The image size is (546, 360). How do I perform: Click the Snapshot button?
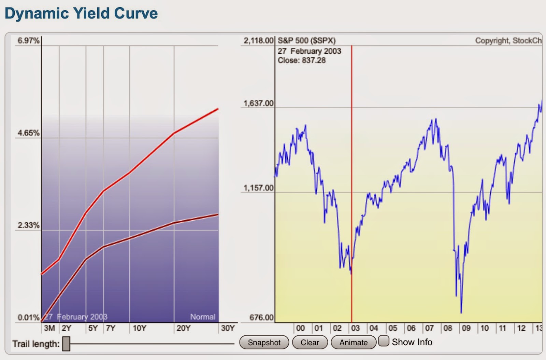pyautogui.click(x=264, y=342)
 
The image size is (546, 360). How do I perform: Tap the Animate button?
pyautogui.click(x=353, y=342)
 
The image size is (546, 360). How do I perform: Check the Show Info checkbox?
pyautogui.click(x=384, y=341)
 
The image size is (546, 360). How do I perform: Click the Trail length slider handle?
pyautogui.click(x=66, y=343)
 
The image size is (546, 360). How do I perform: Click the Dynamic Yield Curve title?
pyautogui.click(x=81, y=13)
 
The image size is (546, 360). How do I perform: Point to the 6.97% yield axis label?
pyautogui.click(x=29, y=41)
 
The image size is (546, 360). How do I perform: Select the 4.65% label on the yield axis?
pyautogui.click(x=29, y=133)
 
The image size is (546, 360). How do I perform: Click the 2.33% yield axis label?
pyautogui.click(x=29, y=225)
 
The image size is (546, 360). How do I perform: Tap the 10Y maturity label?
pyautogui.click(x=139, y=328)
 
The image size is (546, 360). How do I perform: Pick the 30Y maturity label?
pyautogui.click(x=228, y=328)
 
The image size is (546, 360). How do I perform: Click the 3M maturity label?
pyautogui.click(x=49, y=328)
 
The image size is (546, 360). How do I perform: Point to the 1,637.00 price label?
pyautogui.click(x=258, y=103)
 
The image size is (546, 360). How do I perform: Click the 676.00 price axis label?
pyautogui.click(x=261, y=317)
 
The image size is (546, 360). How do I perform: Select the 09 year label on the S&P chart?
pyautogui.click(x=466, y=328)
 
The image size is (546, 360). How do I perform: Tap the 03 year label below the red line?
pyautogui.click(x=355, y=328)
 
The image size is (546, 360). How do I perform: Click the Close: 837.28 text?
pyautogui.click(x=301, y=60)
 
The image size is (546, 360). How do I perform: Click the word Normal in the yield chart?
pyautogui.click(x=203, y=317)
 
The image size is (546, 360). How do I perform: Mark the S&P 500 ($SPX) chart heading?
pyautogui.click(x=306, y=41)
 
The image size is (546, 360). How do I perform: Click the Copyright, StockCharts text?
pyautogui.click(x=508, y=41)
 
